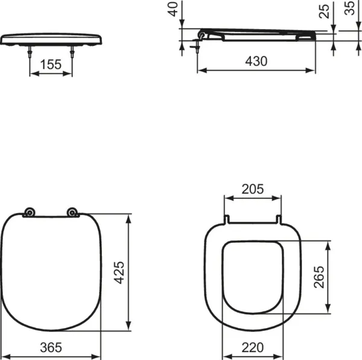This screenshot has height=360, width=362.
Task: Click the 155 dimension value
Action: pyautogui.click(x=51, y=65)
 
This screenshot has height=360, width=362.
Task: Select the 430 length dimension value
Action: pyautogui.click(x=256, y=61)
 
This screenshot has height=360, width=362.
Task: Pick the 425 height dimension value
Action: pyautogui.click(x=119, y=272)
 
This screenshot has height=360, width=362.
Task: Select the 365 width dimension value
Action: pyautogui.click(x=51, y=348)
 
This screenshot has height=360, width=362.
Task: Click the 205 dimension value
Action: pyautogui.click(x=252, y=188)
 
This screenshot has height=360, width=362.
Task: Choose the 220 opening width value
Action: pyautogui.click(x=252, y=348)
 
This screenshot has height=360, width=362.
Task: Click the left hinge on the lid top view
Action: pyautogui.click(x=28, y=212)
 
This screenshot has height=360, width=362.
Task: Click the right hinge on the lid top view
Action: pyautogui.click(x=72, y=212)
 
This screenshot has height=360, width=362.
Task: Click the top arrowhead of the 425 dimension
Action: pyautogui.click(x=128, y=216)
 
